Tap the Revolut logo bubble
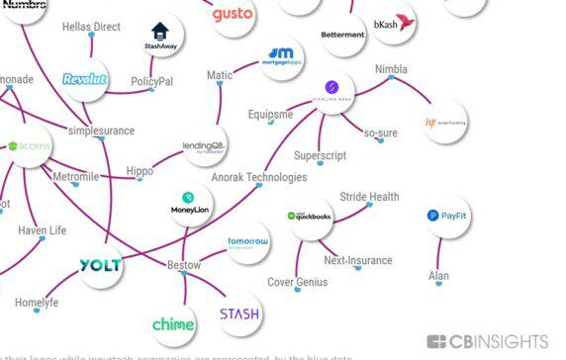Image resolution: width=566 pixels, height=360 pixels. click(x=84, y=79)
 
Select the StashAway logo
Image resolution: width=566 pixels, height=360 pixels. click(x=160, y=37)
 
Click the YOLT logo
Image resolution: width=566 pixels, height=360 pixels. click(x=100, y=265)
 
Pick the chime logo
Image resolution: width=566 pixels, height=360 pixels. click(x=173, y=324)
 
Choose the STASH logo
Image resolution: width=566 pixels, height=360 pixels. click(x=238, y=315)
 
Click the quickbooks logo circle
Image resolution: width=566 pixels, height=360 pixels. click(x=309, y=217)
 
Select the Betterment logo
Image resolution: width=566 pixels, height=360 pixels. click(x=342, y=35)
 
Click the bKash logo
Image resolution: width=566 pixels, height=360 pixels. click(x=393, y=24)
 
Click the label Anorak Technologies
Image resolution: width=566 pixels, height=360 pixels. click(x=259, y=177)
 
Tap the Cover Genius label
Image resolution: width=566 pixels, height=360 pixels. click(x=298, y=282)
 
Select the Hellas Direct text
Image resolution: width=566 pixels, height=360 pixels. click(x=91, y=27)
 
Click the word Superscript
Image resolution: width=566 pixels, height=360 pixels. click(x=320, y=156)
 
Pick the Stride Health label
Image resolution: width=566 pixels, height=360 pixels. click(x=369, y=197)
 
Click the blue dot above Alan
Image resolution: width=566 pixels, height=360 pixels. click(x=438, y=262)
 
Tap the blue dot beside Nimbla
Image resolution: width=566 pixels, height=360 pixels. click(x=391, y=79)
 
